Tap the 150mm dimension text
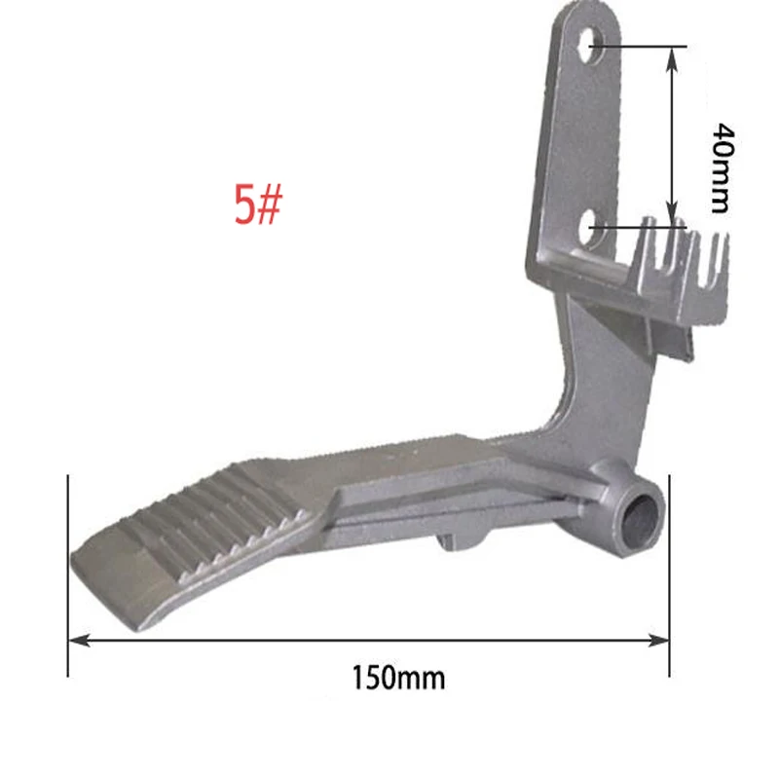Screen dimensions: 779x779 [x=398, y=676]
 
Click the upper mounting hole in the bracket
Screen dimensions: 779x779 [x=589, y=45]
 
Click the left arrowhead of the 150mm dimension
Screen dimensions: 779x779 [x=76, y=639]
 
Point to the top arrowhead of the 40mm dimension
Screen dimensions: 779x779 [x=671, y=55]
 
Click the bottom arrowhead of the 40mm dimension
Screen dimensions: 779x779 [x=671, y=220]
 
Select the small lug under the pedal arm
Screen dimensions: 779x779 [x=458, y=538]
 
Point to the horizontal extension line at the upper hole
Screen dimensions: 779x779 [x=643, y=46]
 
